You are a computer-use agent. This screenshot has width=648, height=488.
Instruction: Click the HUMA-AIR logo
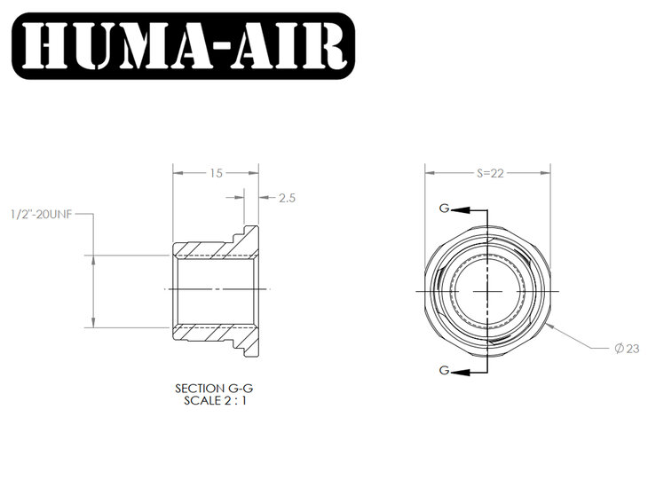(183, 46)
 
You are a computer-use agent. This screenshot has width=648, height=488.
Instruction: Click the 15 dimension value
(216, 173)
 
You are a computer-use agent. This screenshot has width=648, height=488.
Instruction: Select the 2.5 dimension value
(287, 199)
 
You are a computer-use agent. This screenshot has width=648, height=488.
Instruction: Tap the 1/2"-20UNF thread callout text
(42, 215)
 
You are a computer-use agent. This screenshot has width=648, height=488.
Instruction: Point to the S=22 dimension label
(490, 173)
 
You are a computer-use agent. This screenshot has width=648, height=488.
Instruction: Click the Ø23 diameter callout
(627, 349)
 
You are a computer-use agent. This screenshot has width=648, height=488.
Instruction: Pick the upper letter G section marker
(444, 209)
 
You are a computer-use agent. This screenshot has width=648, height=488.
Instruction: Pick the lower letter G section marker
(444, 370)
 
